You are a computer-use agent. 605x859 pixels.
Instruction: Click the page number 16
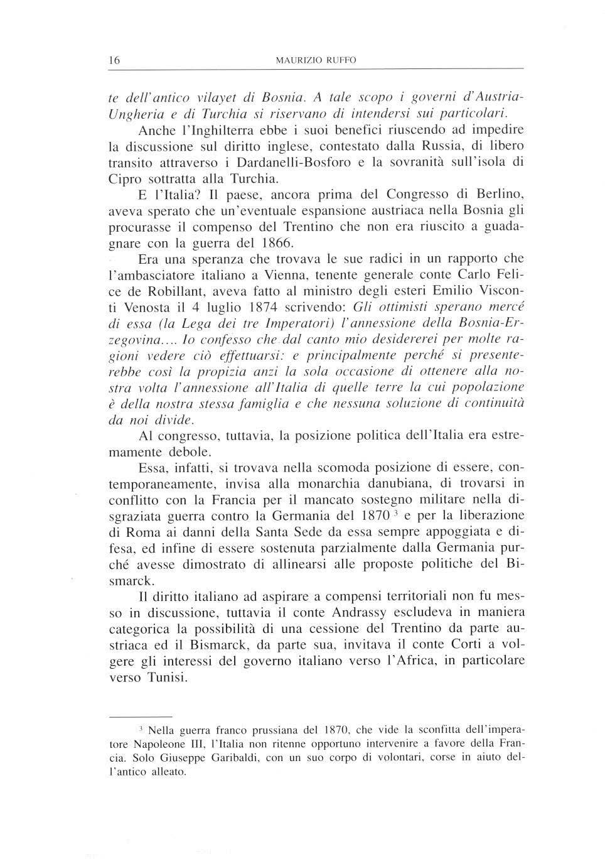[x=114, y=60]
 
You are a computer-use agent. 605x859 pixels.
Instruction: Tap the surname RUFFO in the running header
[x=340, y=60]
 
